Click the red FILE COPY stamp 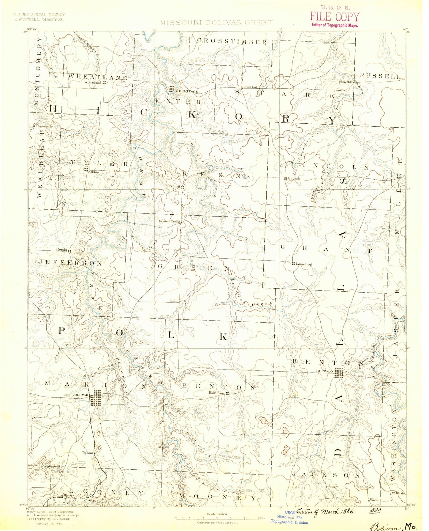click(335, 17)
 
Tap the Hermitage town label click(187, 91)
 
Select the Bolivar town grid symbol click(95, 398)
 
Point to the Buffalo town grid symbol click(339, 373)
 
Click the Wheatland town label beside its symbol click(93, 82)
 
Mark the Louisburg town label click(303, 264)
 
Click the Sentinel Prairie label click(170, 221)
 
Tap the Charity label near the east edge click(399, 492)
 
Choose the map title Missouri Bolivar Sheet click(216, 22)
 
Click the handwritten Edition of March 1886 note click(326, 511)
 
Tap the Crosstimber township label click(232, 42)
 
